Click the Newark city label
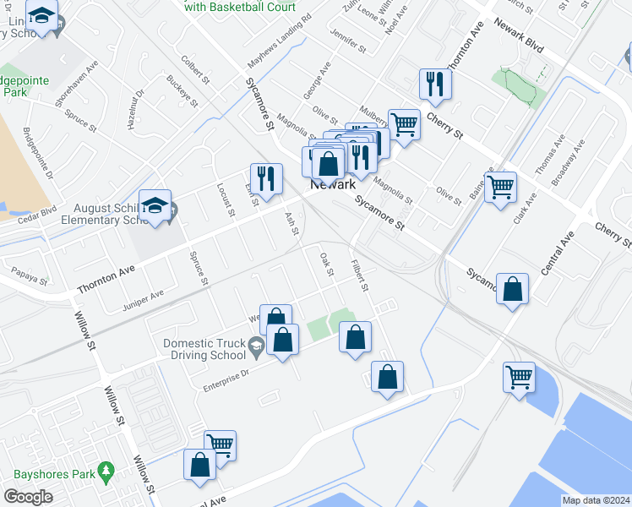(x=333, y=184)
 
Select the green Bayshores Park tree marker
(x=106, y=469)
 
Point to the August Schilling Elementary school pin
(x=155, y=207)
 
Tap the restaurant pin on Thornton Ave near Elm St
(x=266, y=180)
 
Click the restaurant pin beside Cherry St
(x=436, y=85)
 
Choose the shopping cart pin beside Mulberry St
(x=405, y=126)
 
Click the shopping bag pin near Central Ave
(x=512, y=290)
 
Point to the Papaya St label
(x=30, y=275)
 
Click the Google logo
(x=28, y=497)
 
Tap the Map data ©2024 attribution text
(x=595, y=500)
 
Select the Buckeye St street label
(x=182, y=91)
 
